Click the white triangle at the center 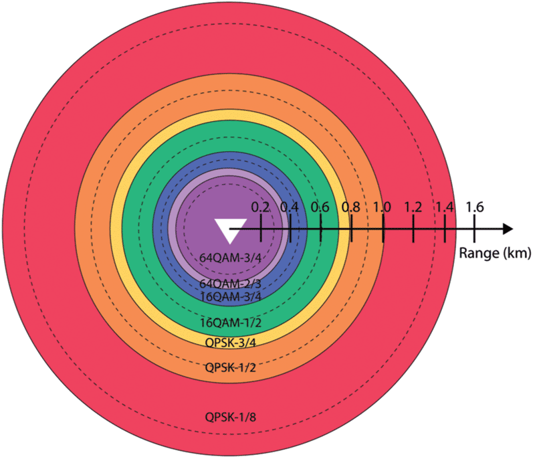(230, 230)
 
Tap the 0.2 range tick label (261, 207)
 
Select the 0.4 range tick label (290, 207)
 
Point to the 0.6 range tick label (320, 207)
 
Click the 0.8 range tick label (351, 207)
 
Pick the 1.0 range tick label (382, 207)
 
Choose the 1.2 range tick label (413, 207)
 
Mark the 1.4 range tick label (445, 207)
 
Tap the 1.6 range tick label (475, 207)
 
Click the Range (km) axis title (495, 253)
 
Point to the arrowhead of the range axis (508, 229)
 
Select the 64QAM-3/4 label (230, 258)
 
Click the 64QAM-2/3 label (230, 284)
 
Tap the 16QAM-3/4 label (230, 296)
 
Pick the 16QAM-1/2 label (230, 323)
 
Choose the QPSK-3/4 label (230, 343)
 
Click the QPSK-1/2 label (230, 368)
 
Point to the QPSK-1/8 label (230, 417)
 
